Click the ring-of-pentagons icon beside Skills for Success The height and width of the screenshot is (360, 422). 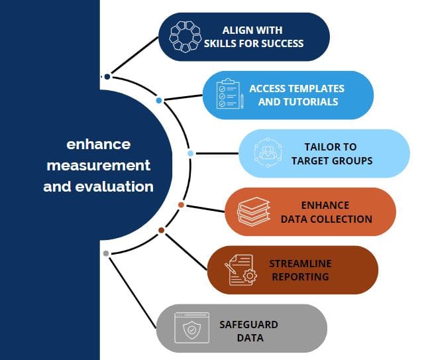click(185, 36)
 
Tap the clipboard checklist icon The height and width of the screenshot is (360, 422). click(230, 93)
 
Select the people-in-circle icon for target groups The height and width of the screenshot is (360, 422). click(268, 152)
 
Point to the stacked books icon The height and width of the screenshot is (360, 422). click(254, 211)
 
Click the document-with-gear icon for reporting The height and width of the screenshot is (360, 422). click(241, 270)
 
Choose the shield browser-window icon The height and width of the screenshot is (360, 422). click(191, 328)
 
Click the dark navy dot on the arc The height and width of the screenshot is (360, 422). click(107, 77)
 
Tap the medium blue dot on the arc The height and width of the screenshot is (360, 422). click(159, 100)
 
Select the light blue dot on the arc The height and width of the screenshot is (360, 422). click(190, 153)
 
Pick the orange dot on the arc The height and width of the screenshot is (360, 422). click(181, 205)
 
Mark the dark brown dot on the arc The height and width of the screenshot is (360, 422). click(161, 230)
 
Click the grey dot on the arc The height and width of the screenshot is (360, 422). click(106, 253)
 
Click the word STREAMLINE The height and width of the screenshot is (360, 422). click(300, 264)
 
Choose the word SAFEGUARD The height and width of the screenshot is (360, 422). click(248, 325)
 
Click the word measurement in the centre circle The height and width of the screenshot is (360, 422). click(99, 165)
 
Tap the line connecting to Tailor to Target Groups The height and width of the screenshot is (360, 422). click(217, 153)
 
